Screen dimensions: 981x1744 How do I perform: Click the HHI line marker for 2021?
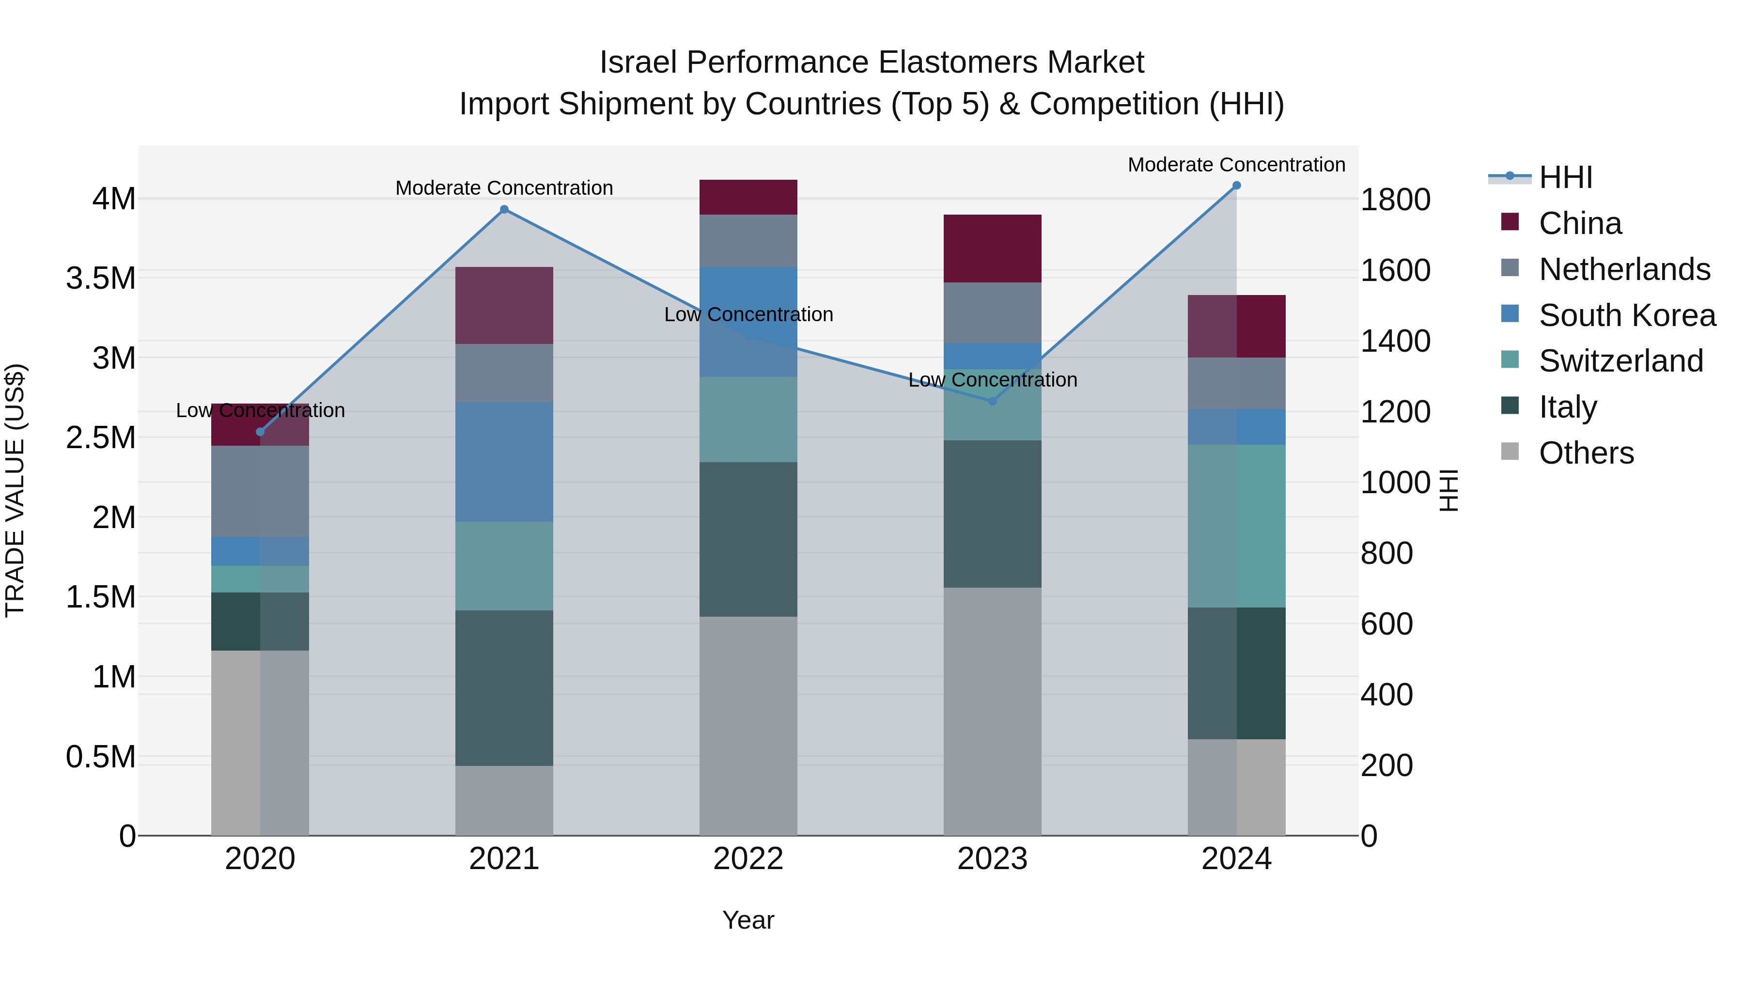(504, 210)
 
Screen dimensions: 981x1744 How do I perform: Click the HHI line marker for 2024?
(1236, 186)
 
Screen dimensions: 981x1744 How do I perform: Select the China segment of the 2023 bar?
(993, 249)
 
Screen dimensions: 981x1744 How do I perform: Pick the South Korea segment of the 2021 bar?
(504, 462)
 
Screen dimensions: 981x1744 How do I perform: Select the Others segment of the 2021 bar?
(504, 800)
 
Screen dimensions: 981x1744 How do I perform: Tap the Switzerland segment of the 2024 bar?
(1236, 526)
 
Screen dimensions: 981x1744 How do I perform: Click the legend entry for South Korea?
(1627, 315)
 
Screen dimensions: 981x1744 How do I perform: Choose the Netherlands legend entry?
(1624, 269)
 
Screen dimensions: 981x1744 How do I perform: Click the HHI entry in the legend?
(1565, 177)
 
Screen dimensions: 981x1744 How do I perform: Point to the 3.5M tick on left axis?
(101, 278)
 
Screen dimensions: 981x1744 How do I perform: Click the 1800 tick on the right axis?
(1395, 200)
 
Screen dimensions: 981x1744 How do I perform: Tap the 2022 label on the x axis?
(748, 859)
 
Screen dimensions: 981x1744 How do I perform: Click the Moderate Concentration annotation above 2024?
(1236, 165)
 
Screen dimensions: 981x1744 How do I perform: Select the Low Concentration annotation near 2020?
(260, 410)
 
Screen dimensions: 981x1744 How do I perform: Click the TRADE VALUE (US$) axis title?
(15, 490)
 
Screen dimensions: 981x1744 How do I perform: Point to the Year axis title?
(748, 920)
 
